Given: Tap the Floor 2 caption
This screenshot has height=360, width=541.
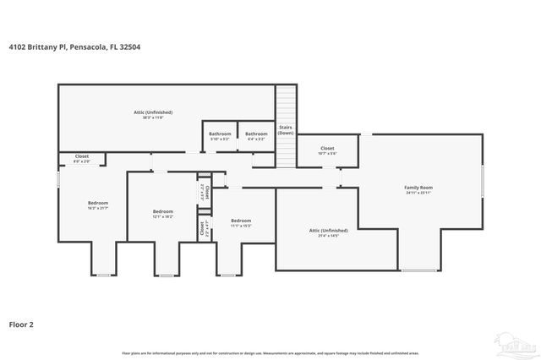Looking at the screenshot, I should point(21,324).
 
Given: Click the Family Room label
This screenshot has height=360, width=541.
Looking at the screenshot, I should point(418,189).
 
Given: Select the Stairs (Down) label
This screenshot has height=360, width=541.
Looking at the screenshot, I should point(286,130).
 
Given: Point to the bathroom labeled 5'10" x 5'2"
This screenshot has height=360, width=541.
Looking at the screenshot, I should point(221,135).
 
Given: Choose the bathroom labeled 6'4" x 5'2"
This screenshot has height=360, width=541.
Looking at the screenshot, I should point(256,135).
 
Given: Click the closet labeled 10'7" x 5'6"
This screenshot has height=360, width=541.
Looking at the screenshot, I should point(327,150).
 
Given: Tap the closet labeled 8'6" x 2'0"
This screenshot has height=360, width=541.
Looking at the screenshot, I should point(82,157).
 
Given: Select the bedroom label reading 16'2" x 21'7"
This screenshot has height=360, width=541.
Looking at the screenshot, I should point(98,205).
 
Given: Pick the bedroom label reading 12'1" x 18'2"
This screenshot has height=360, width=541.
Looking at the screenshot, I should point(163,214).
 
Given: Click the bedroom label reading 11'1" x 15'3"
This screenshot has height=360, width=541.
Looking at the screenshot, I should point(241,223).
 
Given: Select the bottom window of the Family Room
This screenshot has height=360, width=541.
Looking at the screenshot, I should point(415,270).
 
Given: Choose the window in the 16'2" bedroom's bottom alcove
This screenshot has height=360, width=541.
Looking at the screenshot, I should point(103,275).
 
